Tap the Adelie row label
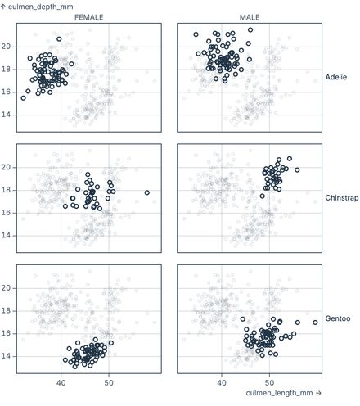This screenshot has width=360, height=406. pos(336,77)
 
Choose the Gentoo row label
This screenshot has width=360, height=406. pos(336,318)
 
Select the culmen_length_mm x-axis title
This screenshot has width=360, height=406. pos(286,395)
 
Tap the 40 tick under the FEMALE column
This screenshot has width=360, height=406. pos(61,382)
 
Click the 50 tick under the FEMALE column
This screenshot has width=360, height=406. pos(108,382)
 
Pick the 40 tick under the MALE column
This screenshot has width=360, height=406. pos(222,382)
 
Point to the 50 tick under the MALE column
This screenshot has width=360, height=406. pos(269,382)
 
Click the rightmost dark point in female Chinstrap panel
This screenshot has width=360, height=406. pos(147,192)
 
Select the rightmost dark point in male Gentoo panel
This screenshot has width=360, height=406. pos(315,323)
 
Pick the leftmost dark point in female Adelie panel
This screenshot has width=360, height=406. pos(23,97)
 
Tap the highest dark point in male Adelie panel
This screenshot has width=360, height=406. pos(250,29)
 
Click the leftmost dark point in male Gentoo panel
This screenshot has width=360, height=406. pos(242,319)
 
